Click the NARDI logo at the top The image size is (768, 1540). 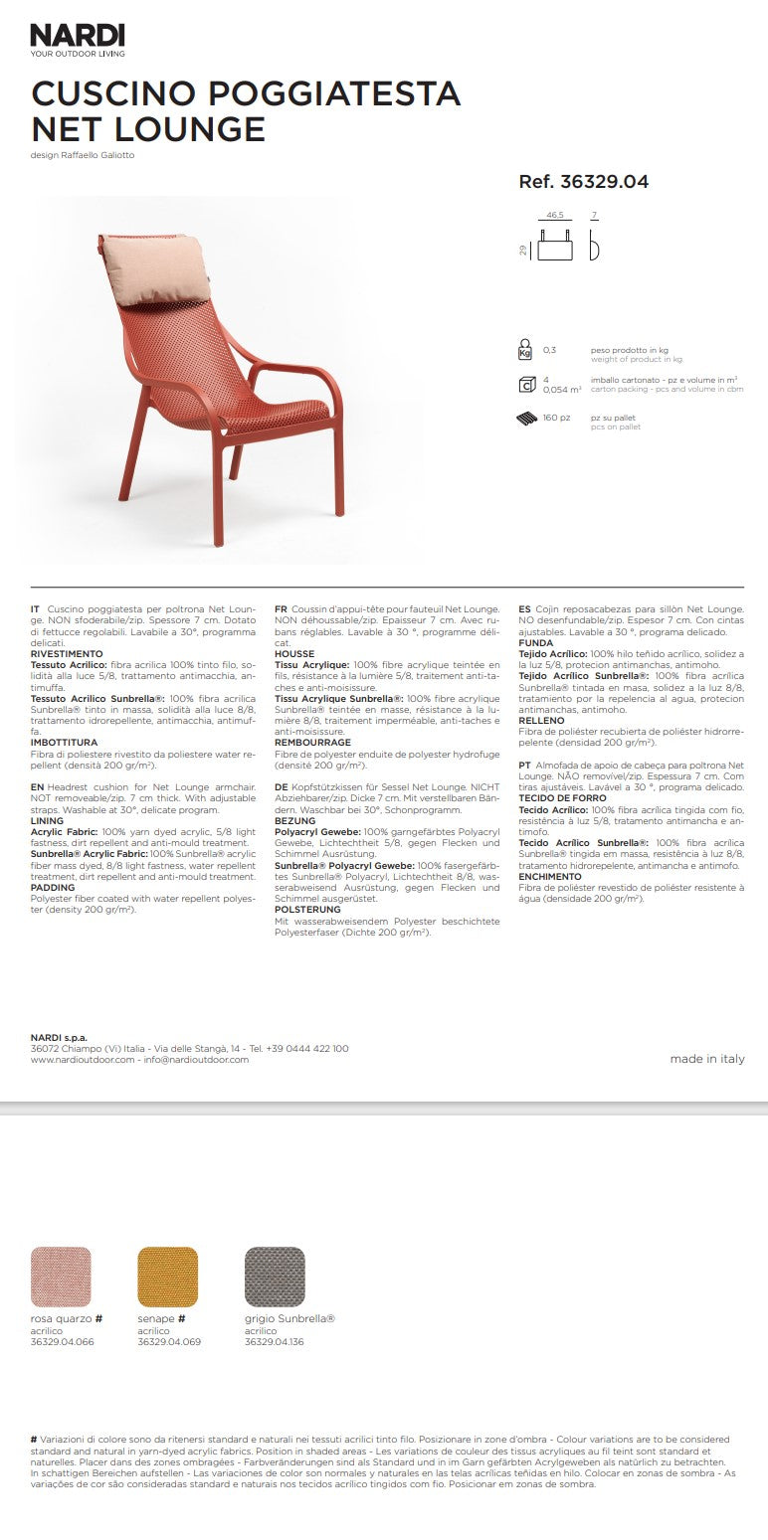pos(78,36)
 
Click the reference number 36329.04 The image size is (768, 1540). pos(583,182)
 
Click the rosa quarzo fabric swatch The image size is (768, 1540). pos(62,1278)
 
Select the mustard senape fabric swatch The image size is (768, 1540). pos(167,1278)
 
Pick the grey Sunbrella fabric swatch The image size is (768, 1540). pos(275,1278)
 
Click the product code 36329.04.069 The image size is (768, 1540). pos(169,1342)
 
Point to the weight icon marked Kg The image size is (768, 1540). pos(525,351)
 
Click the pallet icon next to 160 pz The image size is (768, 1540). pos(525,418)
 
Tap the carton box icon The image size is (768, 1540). pos(525,385)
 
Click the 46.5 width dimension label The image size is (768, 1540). pos(555,215)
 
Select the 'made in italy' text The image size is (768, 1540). pos(706,1059)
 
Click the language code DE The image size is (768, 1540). pos(281,785)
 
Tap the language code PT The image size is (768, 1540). pos(524,766)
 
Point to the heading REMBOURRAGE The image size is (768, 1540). pos(312,742)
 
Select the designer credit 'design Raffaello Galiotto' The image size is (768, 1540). pos(83,155)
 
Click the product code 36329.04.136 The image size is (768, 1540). pos(275,1342)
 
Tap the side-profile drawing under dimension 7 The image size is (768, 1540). pos(595,245)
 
